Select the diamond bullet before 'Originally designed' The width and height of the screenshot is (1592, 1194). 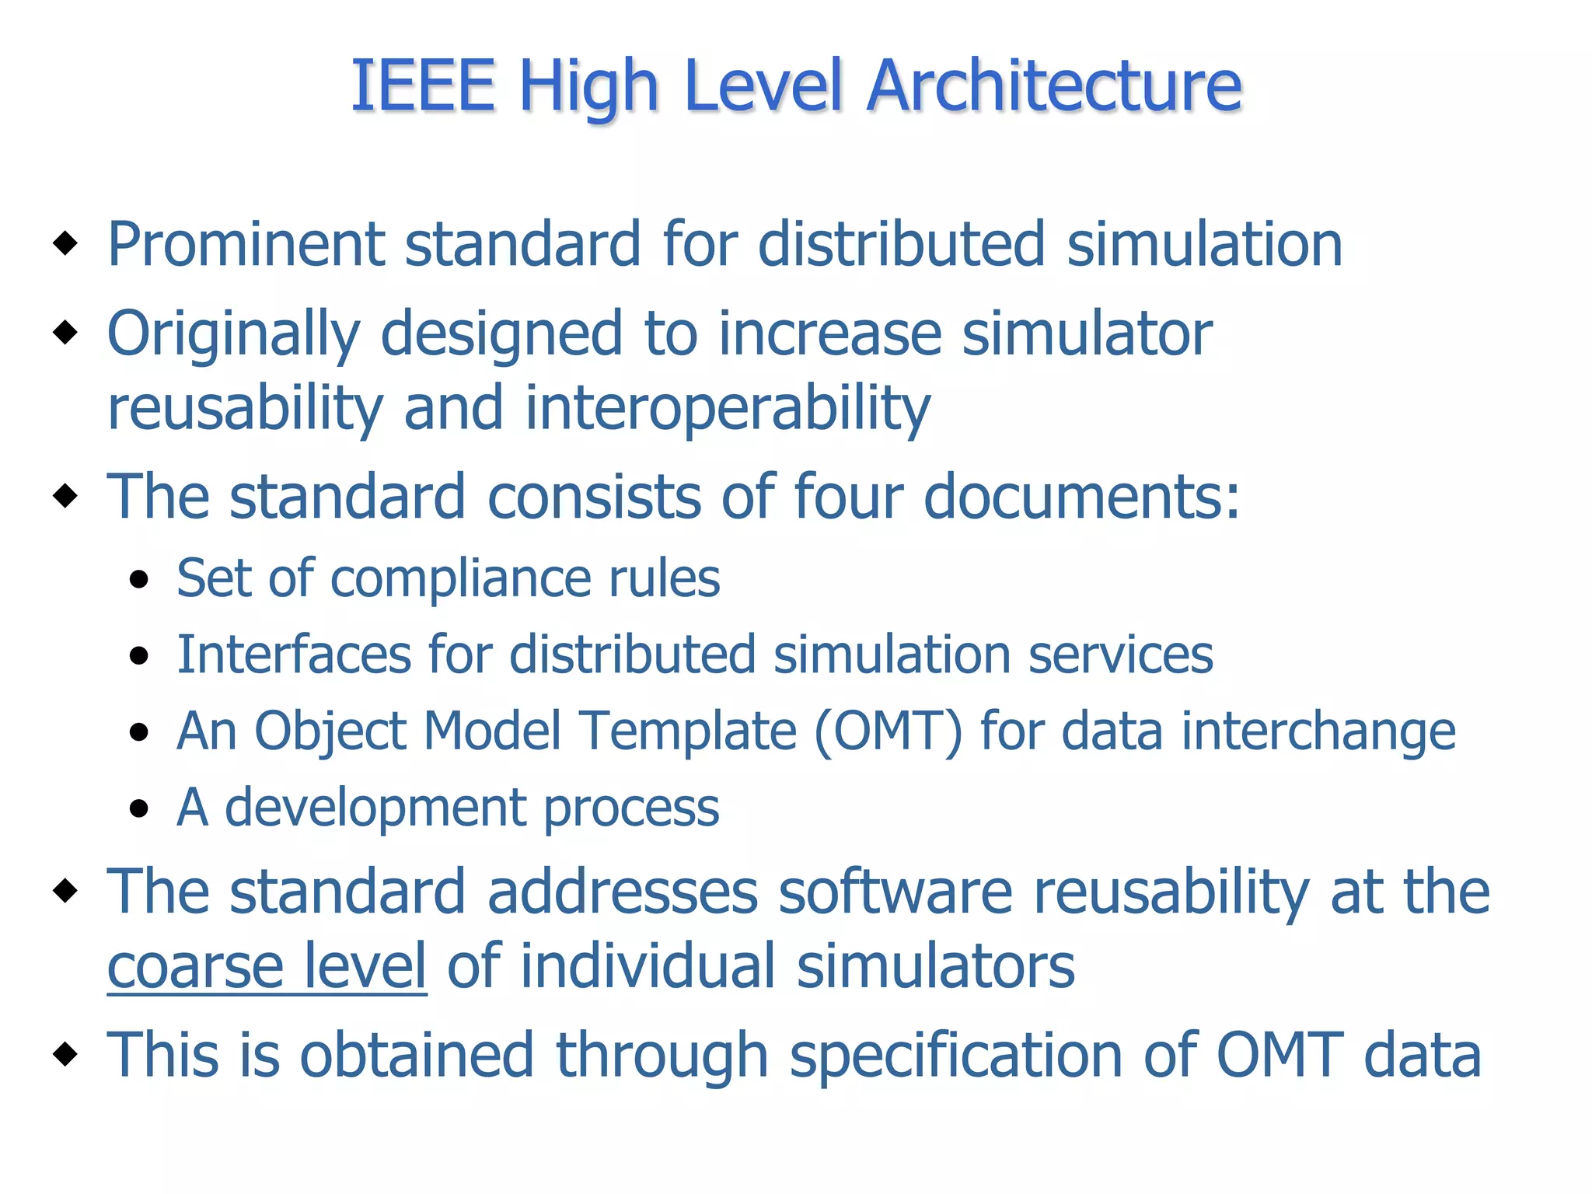[x=65, y=333]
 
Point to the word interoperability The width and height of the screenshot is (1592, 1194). [x=728, y=409]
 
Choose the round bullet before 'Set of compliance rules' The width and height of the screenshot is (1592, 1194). [x=139, y=579]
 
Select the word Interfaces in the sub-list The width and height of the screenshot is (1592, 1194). [x=293, y=654]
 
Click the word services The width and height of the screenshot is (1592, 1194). [x=1120, y=654]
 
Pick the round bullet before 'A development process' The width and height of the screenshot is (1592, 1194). [x=139, y=808]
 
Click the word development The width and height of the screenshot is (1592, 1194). [x=374, y=808]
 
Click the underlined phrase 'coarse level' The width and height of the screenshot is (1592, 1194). [x=267, y=966]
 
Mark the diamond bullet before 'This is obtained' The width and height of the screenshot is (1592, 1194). [x=65, y=1054]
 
